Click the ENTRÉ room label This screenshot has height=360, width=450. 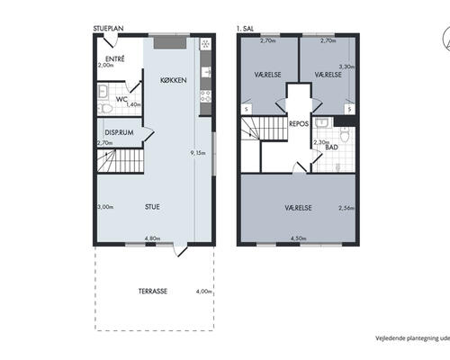(x=115, y=59)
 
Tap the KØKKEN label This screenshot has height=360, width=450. (x=174, y=80)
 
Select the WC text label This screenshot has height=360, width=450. (x=121, y=99)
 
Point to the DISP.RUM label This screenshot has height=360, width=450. (x=119, y=132)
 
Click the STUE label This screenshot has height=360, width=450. (x=152, y=207)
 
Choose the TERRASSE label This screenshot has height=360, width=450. (x=153, y=291)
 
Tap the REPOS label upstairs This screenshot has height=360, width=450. (x=299, y=123)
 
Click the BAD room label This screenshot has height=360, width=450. (x=332, y=148)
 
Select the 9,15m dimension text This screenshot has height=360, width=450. (x=198, y=153)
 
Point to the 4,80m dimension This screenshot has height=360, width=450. (x=152, y=238)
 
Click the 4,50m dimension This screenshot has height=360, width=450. (x=299, y=238)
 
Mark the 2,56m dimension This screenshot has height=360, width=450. (x=346, y=208)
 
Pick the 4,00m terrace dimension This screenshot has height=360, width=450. (x=204, y=292)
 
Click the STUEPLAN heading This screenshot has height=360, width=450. (x=108, y=29)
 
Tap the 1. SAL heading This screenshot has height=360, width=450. (x=245, y=29)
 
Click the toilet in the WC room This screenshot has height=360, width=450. (x=105, y=108)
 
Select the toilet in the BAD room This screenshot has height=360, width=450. (x=345, y=134)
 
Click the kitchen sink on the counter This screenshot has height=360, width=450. (x=206, y=72)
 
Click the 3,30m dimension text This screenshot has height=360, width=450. (x=346, y=67)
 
